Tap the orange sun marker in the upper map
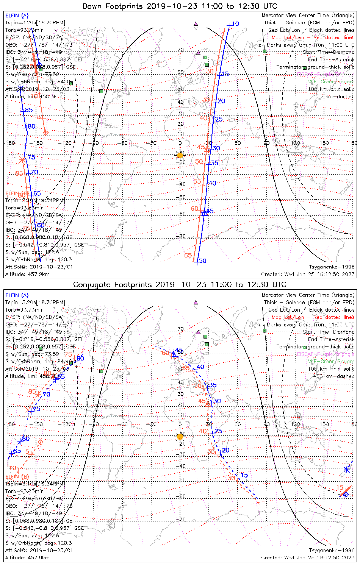pos(180,155)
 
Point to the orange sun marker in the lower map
pos(180,437)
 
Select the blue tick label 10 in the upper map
pos(235,24)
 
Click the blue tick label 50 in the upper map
pos(203,261)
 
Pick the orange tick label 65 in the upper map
pos(188,256)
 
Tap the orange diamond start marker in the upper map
pos(46,133)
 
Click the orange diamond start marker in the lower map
pos(41,442)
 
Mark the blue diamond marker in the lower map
pos(346,494)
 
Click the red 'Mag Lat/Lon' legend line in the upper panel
pos(313,37)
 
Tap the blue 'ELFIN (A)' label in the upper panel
pos(17,16)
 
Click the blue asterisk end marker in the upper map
pos(20,89)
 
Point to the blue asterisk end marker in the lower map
pos(347,470)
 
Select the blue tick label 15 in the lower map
pos(244,475)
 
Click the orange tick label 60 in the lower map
pos(166,353)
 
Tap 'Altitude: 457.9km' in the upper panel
pos(27,275)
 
